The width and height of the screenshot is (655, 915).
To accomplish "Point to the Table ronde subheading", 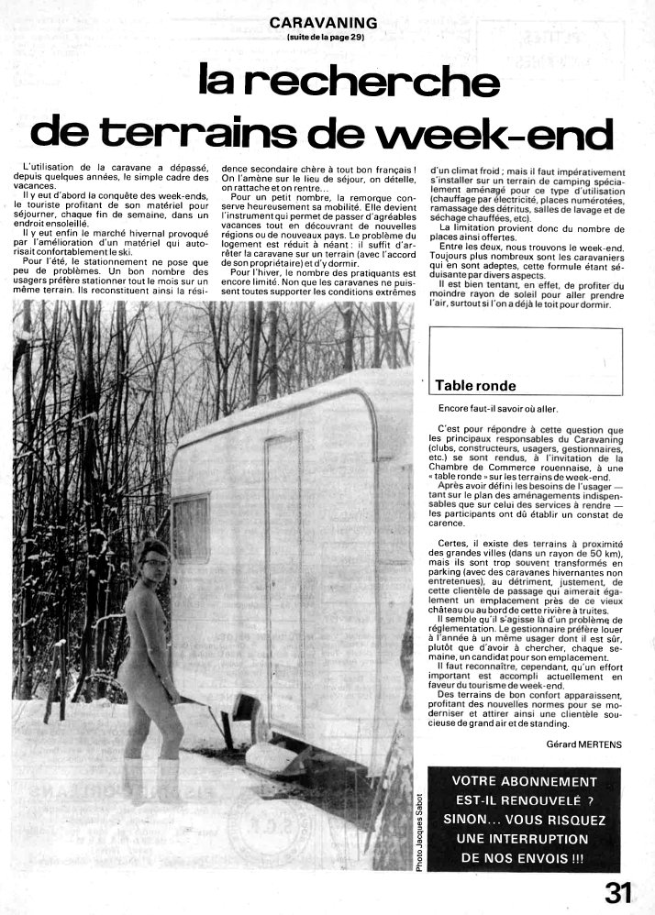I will [x=475, y=386].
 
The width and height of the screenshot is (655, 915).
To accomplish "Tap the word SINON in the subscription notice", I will [x=473, y=820].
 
